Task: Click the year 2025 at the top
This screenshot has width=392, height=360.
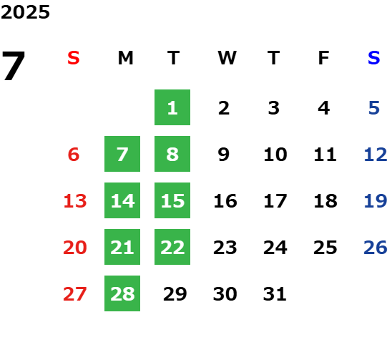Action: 25,12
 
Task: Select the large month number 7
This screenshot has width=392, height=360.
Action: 14,66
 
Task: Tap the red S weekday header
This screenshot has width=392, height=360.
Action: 74,58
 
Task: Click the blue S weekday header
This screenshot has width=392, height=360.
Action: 374,58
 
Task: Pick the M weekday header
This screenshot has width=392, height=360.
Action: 125,58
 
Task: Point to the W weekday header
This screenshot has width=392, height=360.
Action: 227,58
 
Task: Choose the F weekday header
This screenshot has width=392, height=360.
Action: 324,58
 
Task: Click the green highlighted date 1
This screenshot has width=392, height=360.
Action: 172,107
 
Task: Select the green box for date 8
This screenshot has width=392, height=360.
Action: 172,154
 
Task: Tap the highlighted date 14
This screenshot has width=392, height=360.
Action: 122,200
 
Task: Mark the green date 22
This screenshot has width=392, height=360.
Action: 172,247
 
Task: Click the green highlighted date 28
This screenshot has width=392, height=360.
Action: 122,293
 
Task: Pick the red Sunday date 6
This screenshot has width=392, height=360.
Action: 74,154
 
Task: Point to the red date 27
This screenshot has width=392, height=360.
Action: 75,293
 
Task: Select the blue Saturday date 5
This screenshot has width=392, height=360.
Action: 374,108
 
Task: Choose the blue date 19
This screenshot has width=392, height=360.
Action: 376,200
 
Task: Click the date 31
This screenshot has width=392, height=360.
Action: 275,293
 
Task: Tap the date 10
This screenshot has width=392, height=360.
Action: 275,154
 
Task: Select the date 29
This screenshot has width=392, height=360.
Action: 175,293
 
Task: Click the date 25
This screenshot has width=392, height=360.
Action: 325,247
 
